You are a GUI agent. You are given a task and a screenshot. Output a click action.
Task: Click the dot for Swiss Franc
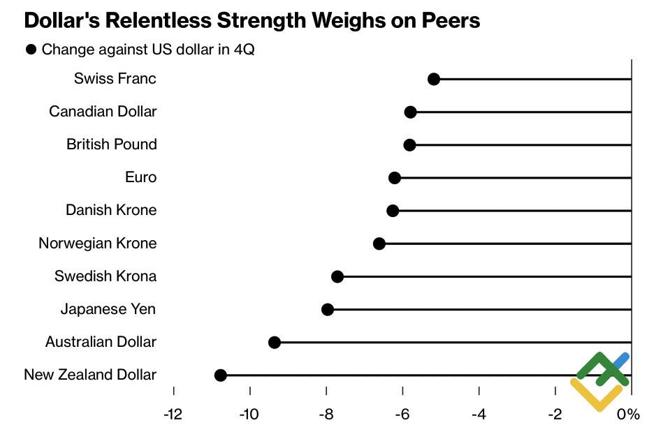pos(433,79)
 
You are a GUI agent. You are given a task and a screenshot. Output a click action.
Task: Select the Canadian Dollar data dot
pos(410,112)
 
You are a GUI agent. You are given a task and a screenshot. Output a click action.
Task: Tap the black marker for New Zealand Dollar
pos(220,375)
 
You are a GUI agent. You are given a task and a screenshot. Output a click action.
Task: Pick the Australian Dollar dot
pos(275,342)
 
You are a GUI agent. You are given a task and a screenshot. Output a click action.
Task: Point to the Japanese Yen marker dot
pos(327,309)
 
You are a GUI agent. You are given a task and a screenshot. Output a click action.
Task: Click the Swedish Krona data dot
pos(337,276)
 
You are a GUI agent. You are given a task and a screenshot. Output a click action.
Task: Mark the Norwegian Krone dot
pos(379,244)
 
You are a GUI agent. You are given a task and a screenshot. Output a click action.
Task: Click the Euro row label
pos(140,177)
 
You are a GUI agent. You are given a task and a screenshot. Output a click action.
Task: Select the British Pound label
pos(112,144)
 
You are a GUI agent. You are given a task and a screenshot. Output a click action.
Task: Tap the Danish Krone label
pos(111,210)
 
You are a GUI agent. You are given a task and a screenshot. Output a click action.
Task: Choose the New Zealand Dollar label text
pos(90,375)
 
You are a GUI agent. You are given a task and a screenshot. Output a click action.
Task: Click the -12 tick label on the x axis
pos(173,415)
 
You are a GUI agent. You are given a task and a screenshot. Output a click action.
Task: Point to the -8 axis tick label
pos(326,415)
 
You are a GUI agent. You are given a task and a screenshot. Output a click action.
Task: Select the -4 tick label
pos(479,415)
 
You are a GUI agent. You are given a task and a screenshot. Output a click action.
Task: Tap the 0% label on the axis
pos(629,415)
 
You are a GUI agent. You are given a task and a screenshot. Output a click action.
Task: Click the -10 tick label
pos(249,415)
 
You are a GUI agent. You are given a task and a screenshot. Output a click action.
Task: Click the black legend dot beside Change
pos(31,50)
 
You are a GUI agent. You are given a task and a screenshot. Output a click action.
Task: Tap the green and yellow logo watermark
pos(599,380)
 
